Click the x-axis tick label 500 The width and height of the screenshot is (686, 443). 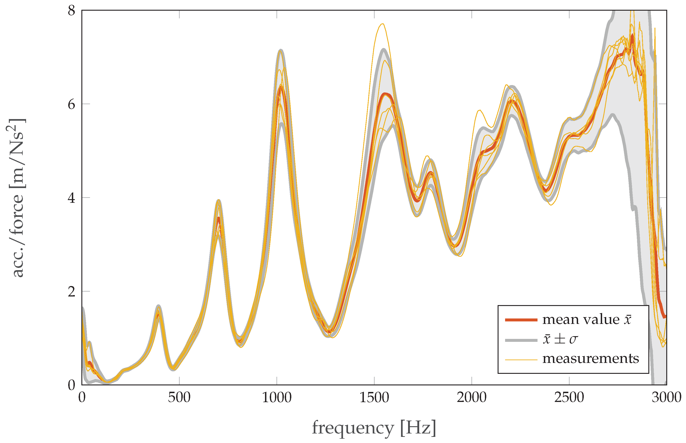pyautogui.click(x=179, y=398)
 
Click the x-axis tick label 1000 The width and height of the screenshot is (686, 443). pyautogui.click(x=277, y=398)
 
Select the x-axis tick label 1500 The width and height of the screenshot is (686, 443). pyautogui.click(x=374, y=398)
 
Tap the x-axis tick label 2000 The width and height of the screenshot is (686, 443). pyautogui.click(x=472, y=398)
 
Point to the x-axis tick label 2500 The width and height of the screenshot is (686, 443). pyautogui.click(x=569, y=398)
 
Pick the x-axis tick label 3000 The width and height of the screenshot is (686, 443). pyautogui.click(x=666, y=398)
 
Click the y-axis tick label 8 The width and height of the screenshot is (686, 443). pyautogui.click(x=72, y=11)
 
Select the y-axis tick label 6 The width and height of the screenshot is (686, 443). pyautogui.click(x=72, y=104)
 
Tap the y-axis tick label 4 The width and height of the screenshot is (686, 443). pyautogui.click(x=72, y=198)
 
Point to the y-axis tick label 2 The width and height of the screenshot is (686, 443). pyautogui.click(x=72, y=291)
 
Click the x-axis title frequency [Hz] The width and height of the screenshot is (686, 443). pyautogui.click(x=374, y=428)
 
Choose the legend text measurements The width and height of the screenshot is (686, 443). pyautogui.click(x=591, y=358)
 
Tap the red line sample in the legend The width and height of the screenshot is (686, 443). pyautogui.click(x=521, y=320)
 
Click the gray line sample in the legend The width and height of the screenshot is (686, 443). pyautogui.click(x=521, y=340)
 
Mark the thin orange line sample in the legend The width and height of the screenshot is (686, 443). pyautogui.click(x=521, y=360)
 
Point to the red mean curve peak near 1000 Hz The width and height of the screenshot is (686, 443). pyautogui.click(x=281, y=86)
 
